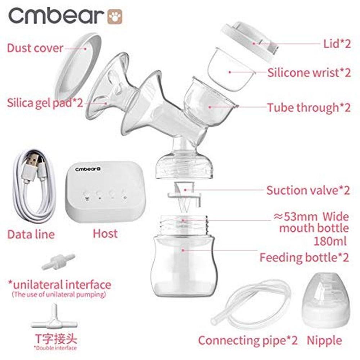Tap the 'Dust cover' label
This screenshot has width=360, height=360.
point(35,48)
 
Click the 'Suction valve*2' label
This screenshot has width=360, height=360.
point(308,190)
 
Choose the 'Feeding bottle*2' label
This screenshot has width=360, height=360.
point(304,257)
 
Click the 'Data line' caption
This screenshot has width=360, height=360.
point(31,234)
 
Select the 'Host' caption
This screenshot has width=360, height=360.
point(105,233)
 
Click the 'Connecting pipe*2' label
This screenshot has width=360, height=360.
point(248,340)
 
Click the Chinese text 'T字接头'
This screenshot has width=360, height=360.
point(55,339)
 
